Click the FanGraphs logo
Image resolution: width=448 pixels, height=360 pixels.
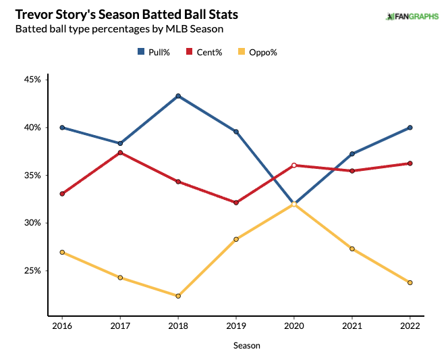(x=414, y=16)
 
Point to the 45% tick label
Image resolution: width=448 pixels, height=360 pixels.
(x=32, y=79)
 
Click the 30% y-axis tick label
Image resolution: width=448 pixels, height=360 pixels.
(x=32, y=223)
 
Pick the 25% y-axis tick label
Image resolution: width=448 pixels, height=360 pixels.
(x=32, y=271)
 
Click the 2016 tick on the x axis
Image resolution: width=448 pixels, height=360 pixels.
(x=62, y=325)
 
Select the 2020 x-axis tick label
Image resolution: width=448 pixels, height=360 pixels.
(x=293, y=325)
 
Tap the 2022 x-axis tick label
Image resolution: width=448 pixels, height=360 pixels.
(x=410, y=325)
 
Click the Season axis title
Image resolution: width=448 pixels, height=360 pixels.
(x=246, y=345)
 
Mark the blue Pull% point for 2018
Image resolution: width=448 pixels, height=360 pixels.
(x=178, y=96)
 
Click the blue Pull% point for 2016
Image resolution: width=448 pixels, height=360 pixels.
(x=62, y=128)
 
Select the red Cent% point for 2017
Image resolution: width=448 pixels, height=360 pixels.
(x=120, y=153)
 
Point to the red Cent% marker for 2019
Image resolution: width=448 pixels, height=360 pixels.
(x=236, y=203)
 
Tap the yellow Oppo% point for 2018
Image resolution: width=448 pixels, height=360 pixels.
(x=178, y=296)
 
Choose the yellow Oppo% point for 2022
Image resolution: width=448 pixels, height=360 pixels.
(x=410, y=282)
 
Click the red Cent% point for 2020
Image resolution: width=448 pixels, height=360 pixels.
(x=293, y=165)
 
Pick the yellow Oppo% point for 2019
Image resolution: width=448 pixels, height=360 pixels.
(x=236, y=239)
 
